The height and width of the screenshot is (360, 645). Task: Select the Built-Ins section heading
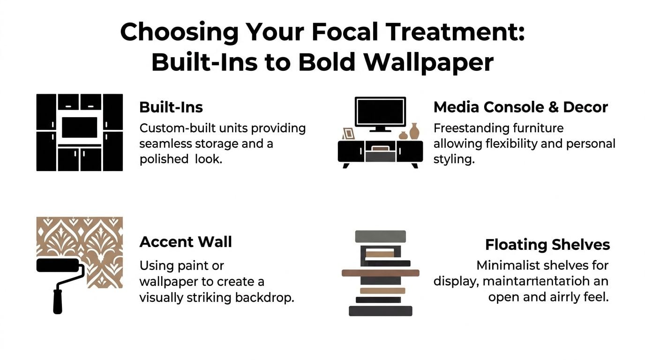(x=171, y=107)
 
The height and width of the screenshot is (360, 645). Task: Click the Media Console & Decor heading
(x=520, y=107)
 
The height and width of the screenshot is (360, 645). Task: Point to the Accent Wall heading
(x=186, y=242)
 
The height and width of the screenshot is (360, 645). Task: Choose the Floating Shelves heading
(x=547, y=245)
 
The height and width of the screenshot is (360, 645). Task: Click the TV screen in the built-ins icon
(x=80, y=127)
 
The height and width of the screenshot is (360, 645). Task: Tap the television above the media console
(x=380, y=112)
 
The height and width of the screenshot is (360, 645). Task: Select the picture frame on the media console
(x=348, y=134)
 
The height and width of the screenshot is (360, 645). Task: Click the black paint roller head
(x=58, y=265)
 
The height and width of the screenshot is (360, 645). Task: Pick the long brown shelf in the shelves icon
(x=380, y=273)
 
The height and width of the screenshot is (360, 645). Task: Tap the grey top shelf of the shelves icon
(x=380, y=236)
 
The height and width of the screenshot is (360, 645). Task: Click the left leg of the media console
(x=346, y=165)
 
